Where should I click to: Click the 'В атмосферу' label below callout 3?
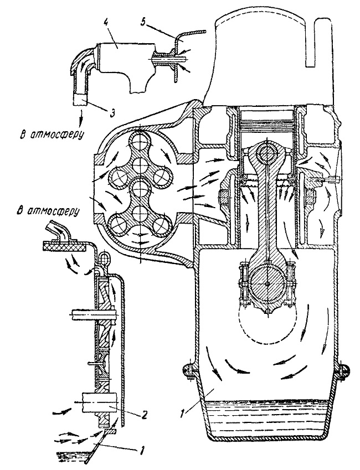click(51, 135)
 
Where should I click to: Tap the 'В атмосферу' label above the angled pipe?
click(48, 211)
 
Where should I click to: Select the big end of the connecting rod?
click(266, 283)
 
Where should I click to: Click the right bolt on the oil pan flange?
click(343, 370)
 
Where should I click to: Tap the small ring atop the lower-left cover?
click(104, 256)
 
